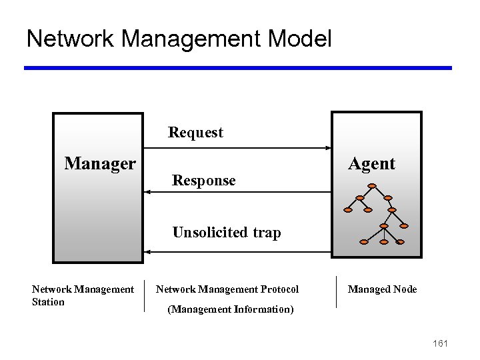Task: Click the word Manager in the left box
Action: [x=100, y=163]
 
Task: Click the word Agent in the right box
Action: [x=371, y=163]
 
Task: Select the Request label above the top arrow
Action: [x=195, y=133]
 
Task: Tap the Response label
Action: [x=203, y=181]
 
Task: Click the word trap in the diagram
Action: [x=266, y=233]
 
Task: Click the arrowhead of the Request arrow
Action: [x=327, y=148]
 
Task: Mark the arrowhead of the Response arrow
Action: [x=148, y=192]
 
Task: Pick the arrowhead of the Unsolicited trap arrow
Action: [x=148, y=251]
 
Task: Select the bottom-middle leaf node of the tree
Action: [x=384, y=242]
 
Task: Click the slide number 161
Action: [x=440, y=343]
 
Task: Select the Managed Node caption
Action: [x=382, y=289]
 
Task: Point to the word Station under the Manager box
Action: [x=48, y=302]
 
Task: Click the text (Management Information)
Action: [x=230, y=309]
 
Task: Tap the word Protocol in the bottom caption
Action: [x=280, y=289]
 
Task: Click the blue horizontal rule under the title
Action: [x=238, y=68]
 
